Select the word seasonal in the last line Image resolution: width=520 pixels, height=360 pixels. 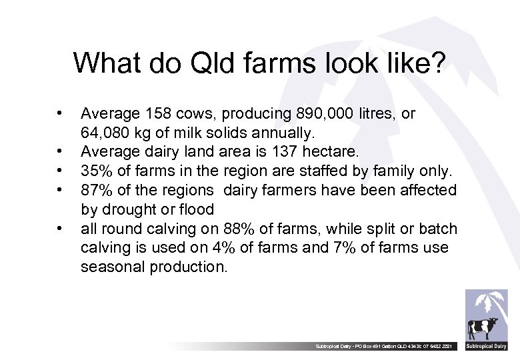point(112,267)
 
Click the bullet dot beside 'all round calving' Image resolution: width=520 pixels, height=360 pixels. point(61,229)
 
